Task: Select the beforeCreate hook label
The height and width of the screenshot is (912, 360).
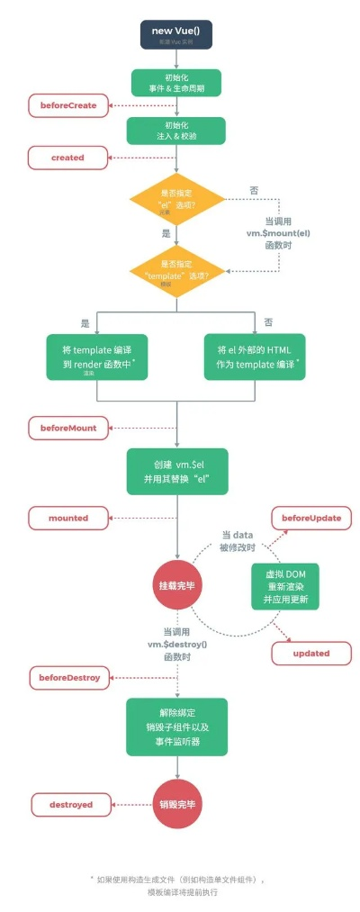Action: click(68, 106)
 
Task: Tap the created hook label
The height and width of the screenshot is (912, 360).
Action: click(67, 158)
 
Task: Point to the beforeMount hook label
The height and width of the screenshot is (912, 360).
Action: click(68, 427)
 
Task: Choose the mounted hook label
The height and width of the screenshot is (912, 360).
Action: click(68, 518)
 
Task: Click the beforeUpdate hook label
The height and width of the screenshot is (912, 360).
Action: click(311, 518)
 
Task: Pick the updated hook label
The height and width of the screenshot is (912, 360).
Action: click(311, 653)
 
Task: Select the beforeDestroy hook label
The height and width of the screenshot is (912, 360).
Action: click(69, 675)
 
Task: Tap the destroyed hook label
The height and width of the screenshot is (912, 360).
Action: click(67, 804)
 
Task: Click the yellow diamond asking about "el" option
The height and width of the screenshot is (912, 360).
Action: click(177, 205)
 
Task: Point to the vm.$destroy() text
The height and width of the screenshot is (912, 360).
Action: click(177, 644)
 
